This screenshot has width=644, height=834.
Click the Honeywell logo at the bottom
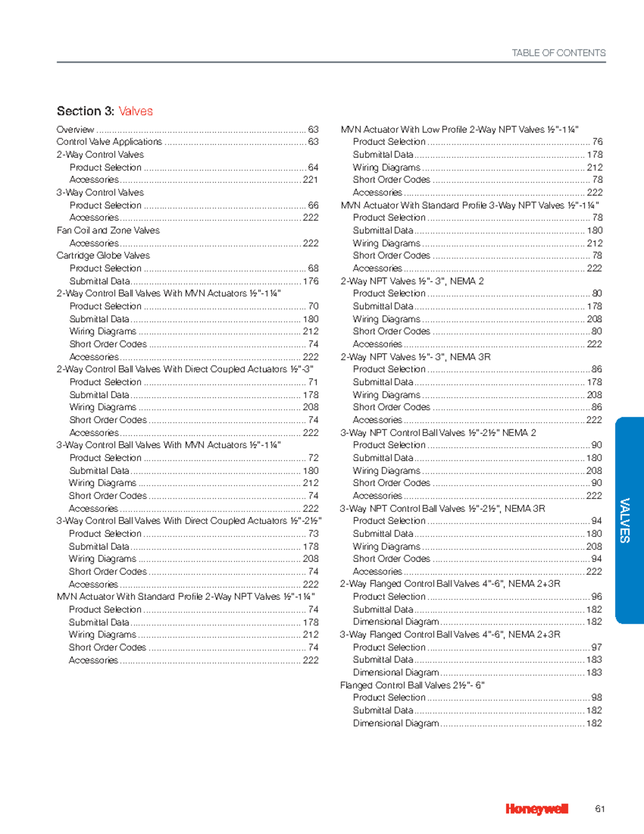[x=536, y=809]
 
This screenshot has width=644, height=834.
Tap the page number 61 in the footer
[x=600, y=809]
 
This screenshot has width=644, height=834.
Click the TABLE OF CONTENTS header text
[x=558, y=53]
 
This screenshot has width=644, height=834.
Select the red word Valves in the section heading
[x=135, y=111]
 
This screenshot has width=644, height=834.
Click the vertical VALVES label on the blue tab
[x=625, y=520]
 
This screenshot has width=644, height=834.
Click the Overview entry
[x=75, y=129]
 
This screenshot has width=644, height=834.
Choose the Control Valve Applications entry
[x=109, y=142]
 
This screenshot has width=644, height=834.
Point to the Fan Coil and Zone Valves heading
[x=108, y=230]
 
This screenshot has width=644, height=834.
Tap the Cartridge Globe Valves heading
[x=103, y=256]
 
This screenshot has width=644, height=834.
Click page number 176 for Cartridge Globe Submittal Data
[x=310, y=281]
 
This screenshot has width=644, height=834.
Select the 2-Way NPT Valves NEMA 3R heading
[x=415, y=357]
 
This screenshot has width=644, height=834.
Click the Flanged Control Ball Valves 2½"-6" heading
[x=412, y=685]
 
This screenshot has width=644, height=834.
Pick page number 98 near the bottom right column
[x=596, y=698]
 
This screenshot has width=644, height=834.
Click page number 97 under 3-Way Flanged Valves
[x=596, y=647]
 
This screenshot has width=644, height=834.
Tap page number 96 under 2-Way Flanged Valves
[x=596, y=597]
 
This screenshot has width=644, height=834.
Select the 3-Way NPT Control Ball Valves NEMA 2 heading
[x=437, y=433]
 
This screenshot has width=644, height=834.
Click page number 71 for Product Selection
[x=313, y=382]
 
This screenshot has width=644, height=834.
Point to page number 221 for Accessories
[x=310, y=180]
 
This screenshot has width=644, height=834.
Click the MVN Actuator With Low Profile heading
[x=459, y=129]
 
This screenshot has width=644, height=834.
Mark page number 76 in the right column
[x=597, y=142]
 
